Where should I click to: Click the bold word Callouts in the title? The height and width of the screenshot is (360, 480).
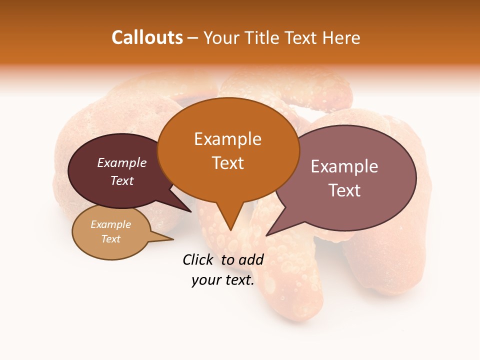tap(147, 37)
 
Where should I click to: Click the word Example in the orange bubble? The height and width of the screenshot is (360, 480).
tap(227, 139)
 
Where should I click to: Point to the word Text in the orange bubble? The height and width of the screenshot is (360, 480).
tap(227, 163)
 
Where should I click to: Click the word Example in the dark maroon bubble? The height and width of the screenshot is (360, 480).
tap(122, 162)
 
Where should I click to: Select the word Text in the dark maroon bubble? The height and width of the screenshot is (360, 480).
tap(122, 180)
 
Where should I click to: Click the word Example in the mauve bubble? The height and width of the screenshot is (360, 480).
tap(344, 166)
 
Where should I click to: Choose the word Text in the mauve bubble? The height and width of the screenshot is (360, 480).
tap(344, 190)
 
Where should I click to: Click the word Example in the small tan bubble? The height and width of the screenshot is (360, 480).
tap(111, 224)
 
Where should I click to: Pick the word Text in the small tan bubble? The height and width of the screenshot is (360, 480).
tap(111, 239)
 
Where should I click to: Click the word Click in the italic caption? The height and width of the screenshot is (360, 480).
tap(197, 259)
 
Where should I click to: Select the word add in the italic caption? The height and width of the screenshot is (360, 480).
tap(251, 259)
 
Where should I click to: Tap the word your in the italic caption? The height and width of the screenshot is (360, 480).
tap(205, 280)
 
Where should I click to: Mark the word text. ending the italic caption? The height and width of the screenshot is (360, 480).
tap(238, 280)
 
